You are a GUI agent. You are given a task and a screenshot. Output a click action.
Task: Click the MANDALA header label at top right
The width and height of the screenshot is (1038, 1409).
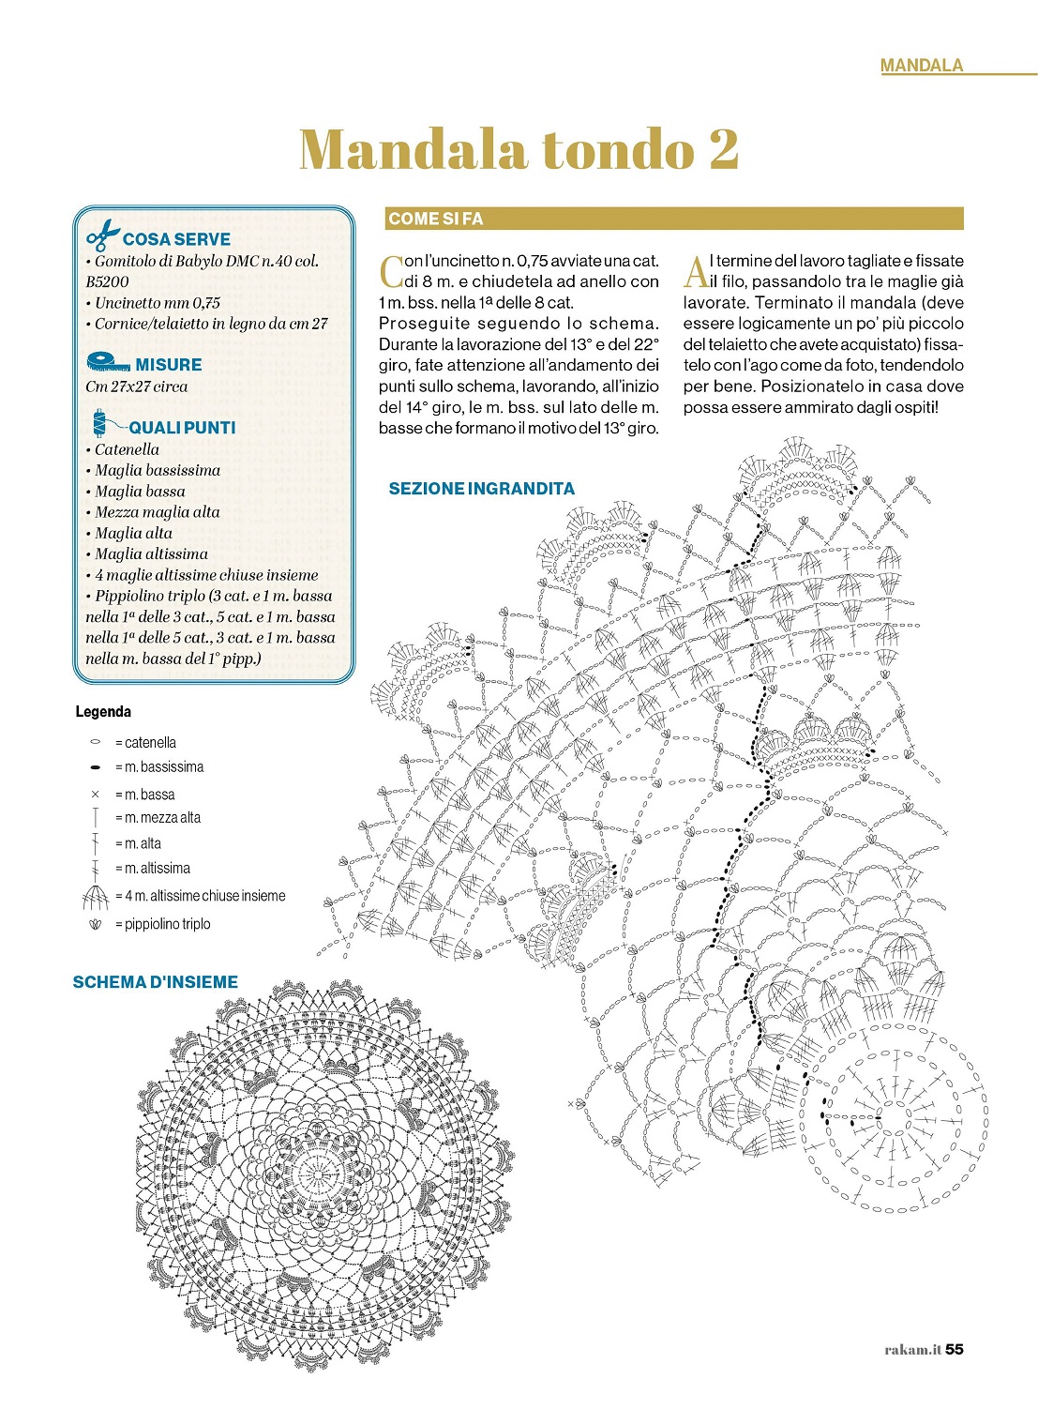point(921,65)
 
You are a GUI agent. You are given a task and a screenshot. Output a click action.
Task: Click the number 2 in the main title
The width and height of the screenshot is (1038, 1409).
point(723,149)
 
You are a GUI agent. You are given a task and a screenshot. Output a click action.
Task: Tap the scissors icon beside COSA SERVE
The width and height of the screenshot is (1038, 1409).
point(103,235)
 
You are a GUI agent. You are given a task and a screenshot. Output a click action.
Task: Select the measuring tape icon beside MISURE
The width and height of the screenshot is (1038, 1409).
point(107,361)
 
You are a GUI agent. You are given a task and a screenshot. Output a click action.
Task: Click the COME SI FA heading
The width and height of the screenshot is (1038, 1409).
point(435,219)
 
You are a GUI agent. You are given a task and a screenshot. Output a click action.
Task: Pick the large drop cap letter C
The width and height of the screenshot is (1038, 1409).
point(390,271)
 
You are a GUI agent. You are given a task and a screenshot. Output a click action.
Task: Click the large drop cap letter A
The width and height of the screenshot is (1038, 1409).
point(695,271)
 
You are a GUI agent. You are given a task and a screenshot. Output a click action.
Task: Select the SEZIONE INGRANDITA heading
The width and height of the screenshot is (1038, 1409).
point(481,488)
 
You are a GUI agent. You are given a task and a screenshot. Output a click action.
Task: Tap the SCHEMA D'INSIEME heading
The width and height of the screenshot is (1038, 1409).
point(155,982)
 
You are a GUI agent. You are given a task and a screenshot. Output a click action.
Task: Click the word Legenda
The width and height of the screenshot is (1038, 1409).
point(103,712)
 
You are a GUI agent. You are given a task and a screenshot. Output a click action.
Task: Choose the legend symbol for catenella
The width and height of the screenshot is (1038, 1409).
point(95,742)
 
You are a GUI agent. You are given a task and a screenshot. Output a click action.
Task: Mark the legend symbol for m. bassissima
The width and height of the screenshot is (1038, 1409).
point(95,767)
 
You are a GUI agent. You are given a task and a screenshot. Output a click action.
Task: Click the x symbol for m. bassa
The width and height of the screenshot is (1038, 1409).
point(95,795)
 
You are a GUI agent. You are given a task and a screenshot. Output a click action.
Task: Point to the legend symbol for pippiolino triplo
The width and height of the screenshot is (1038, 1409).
point(95,925)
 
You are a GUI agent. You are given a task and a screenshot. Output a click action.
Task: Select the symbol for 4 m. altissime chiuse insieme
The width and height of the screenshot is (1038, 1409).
point(95,898)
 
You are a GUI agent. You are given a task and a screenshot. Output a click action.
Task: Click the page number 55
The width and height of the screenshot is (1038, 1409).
point(954,1349)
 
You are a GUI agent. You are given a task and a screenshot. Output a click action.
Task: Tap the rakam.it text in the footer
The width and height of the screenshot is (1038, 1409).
point(911,1350)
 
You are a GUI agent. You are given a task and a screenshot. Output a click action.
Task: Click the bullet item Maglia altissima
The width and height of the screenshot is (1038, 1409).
point(151,553)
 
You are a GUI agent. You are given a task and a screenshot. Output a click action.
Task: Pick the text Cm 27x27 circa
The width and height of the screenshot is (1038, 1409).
point(136,386)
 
